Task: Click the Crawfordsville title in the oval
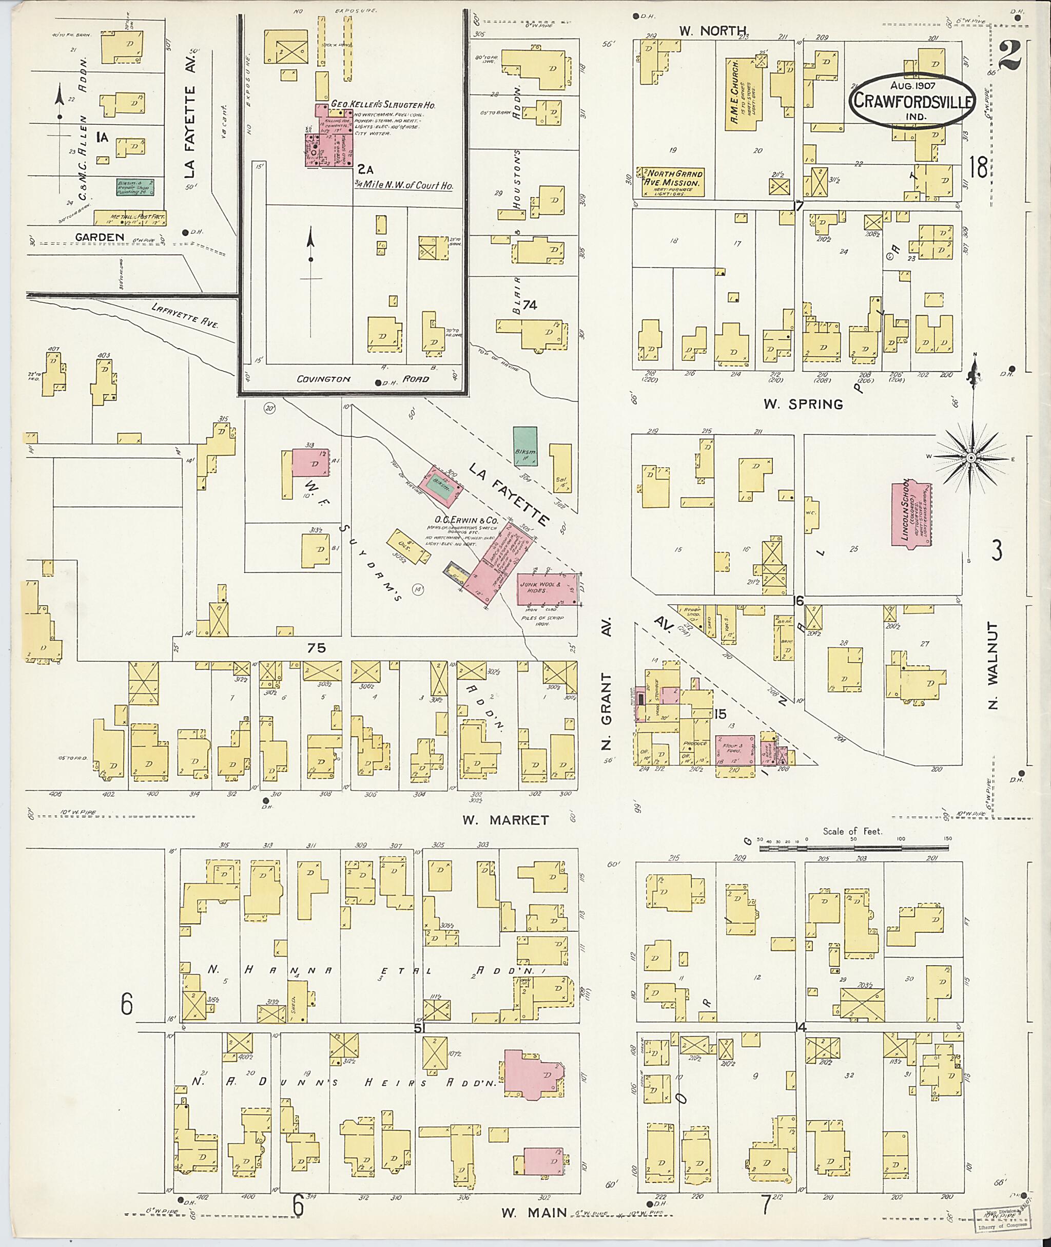(x=913, y=100)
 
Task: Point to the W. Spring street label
(x=811, y=404)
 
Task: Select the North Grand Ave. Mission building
(x=671, y=182)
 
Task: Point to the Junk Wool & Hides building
(x=546, y=589)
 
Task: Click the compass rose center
(x=970, y=457)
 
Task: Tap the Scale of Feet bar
(x=853, y=847)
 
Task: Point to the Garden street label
(x=100, y=237)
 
